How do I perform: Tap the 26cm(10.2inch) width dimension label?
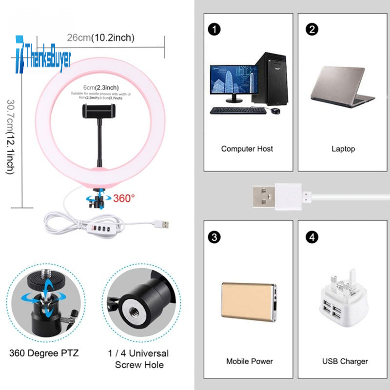point(100,38)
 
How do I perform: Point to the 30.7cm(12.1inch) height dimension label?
point(10,137)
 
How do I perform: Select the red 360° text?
point(124,198)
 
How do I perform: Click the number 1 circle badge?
point(214,30)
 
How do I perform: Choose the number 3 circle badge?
point(214,237)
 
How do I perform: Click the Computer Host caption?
point(247,149)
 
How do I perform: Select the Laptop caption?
point(343,149)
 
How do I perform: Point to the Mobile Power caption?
point(250,361)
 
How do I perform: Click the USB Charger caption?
point(345,361)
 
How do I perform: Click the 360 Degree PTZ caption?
point(44,352)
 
